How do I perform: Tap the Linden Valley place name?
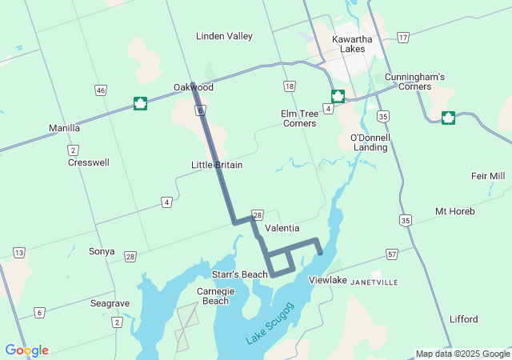point(224,36)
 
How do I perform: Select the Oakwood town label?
point(193,87)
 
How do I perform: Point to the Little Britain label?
point(217,165)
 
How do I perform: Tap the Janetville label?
point(374,282)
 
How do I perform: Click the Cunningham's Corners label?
point(414,82)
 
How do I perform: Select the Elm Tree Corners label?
point(299,118)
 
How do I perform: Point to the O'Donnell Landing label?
point(370,142)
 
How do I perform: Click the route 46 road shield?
point(100,90)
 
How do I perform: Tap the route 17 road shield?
point(402,38)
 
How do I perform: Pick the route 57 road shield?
point(391,254)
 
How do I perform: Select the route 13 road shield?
point(18,253)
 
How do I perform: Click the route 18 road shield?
point(289,86)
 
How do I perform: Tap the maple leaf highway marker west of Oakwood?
point(140,103)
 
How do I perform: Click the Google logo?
point(26,350)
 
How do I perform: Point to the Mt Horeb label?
point(454,211)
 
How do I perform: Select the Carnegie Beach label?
point(215,296)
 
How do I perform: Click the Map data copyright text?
point(462,354)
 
